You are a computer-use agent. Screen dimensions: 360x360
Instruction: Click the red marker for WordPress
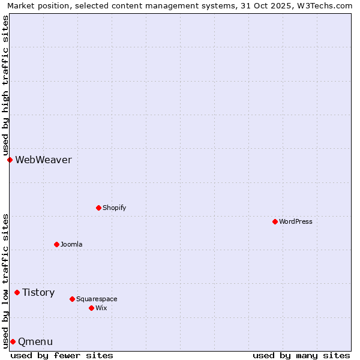(275, 221)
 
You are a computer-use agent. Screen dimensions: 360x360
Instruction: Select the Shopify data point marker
(98, 208)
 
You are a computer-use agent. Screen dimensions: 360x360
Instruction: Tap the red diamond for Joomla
(56, 244)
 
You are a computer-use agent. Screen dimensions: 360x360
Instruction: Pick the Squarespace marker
(72, 299)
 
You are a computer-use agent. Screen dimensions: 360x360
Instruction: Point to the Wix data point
(91, 308)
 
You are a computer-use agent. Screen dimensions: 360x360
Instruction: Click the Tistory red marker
(17, 292)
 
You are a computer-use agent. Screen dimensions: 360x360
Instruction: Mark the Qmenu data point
(13, 341)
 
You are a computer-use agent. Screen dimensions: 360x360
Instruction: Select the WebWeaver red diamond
(10, 160)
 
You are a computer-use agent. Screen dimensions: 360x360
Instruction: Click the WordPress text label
(296, 221)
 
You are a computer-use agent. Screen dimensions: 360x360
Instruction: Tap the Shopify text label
(114, 208)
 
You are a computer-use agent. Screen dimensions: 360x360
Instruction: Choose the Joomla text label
(71, 244)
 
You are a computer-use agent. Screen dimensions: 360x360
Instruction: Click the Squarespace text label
(97, 299)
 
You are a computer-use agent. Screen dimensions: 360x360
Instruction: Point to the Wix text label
(101, 308)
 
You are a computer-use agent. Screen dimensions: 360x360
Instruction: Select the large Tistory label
(38, 292)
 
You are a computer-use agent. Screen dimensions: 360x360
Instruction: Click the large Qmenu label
(35, 341)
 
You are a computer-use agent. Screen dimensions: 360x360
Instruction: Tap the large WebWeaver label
(43, 160)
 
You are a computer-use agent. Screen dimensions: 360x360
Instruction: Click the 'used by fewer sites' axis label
(62, 355)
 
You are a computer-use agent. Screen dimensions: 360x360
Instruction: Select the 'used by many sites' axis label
(301, 355)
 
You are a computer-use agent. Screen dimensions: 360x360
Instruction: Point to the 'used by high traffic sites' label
(5, 85)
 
